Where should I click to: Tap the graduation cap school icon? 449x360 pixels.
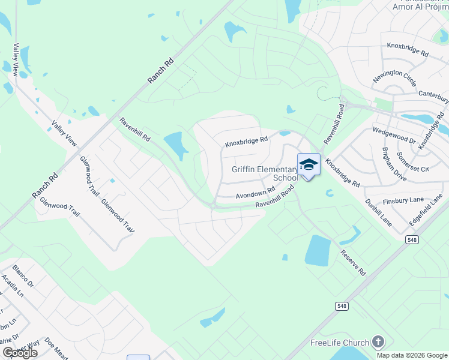(x=309, y=164)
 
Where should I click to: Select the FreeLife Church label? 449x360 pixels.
(x=339, y=343)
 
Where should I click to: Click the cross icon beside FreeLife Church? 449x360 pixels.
(x=378, y=343)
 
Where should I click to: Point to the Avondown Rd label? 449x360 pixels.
(x=255, y=194)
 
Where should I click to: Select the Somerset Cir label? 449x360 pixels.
(x=412, y=161)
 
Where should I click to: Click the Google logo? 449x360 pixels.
(x=20, y=353)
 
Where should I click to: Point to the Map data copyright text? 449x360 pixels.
(x=412, y=355)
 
